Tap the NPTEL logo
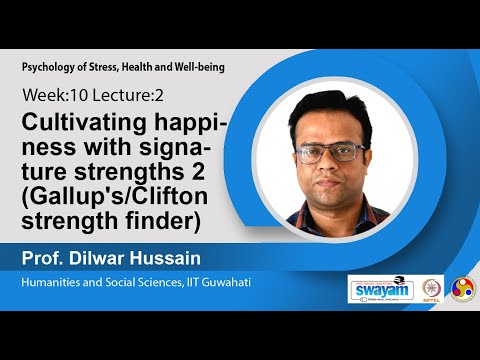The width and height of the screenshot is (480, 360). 432,289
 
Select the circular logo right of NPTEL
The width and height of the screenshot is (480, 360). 463,289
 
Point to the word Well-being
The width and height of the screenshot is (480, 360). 197,66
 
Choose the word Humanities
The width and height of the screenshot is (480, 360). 55,283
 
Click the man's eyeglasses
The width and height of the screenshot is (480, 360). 332,153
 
